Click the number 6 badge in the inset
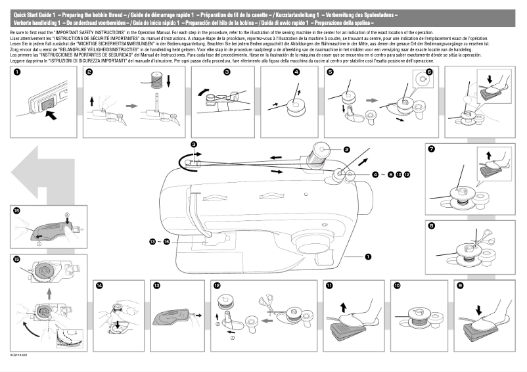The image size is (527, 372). (429, 72)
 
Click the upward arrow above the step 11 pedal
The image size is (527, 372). (343, 306)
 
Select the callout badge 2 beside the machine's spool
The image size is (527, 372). (346, 151)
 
